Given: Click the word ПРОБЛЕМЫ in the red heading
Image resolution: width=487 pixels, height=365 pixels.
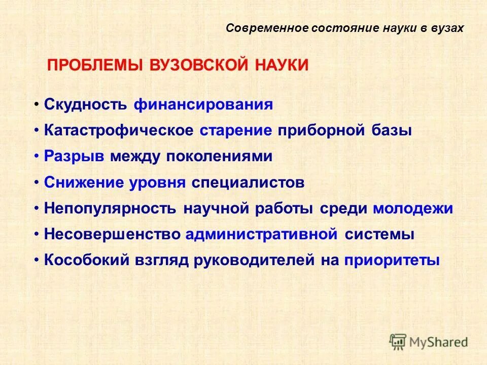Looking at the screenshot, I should [95, 65].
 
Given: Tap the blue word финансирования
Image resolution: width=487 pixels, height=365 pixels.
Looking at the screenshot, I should [203, 104].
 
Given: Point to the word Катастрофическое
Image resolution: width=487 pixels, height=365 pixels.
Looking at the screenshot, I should [119, 130].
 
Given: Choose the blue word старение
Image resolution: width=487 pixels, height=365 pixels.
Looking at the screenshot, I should [236, 130].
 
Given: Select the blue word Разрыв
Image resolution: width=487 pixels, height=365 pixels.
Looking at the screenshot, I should [74, 157].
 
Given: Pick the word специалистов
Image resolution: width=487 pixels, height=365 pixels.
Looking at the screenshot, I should [248, 183].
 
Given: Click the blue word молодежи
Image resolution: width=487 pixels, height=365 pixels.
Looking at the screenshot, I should [413, 209].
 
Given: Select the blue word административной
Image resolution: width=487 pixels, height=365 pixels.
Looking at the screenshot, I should [262, 235].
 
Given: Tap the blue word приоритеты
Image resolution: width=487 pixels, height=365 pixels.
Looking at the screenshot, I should [392, 261].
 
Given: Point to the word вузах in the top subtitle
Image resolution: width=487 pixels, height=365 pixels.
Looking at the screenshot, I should [446, 28].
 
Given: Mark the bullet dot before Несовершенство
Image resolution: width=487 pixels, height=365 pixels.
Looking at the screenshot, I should [37, 235].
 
